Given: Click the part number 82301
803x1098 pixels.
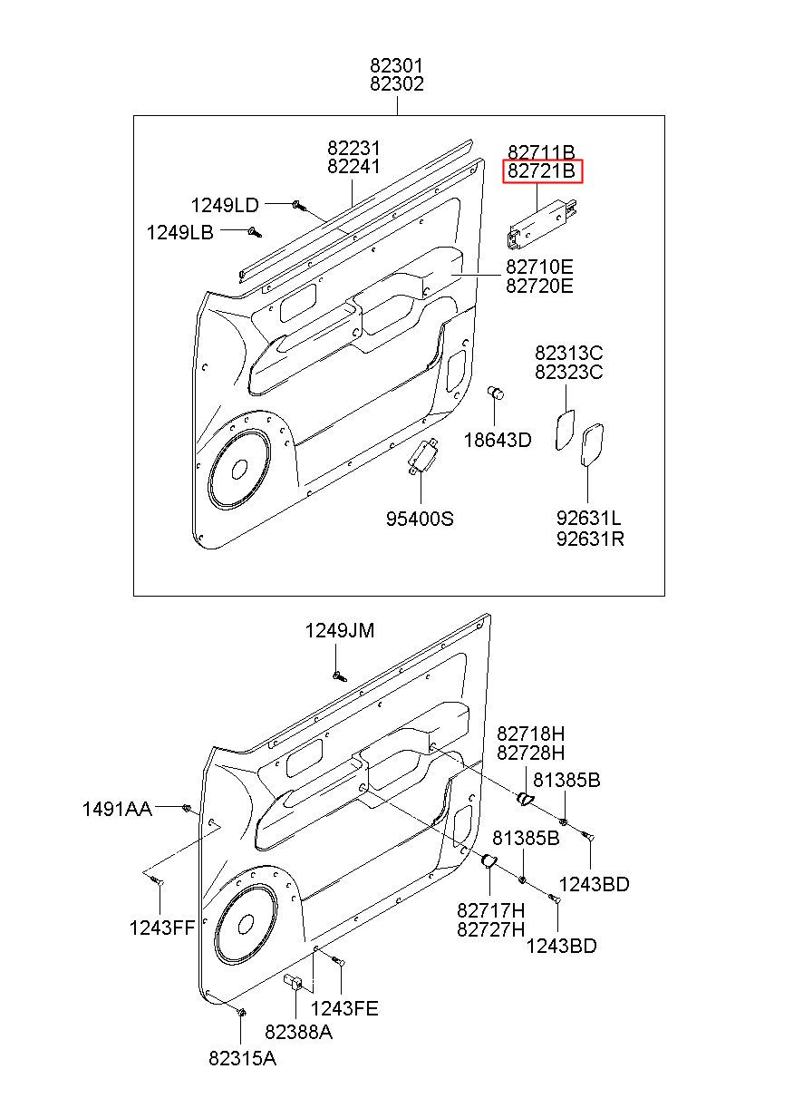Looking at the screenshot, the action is [x=396, y=65].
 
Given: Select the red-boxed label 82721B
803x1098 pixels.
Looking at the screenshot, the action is [x=542, y=171].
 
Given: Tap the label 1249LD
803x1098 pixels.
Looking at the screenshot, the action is [x=225, y=206].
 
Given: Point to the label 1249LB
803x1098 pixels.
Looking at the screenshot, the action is [x=180, y=232].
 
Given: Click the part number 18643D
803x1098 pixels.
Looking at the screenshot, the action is [x=498, y=440].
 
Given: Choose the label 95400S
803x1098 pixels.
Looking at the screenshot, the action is [x=420, y=519].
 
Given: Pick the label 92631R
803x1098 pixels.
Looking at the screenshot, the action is [x=590, y=539].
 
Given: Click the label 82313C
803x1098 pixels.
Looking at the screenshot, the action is [x=568, y=353].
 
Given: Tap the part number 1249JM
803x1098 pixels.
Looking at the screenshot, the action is [x=340, y=630].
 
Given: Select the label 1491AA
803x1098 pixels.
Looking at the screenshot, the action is [x=117, y=810].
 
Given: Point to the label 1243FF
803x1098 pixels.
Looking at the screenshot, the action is [x=162, y=928].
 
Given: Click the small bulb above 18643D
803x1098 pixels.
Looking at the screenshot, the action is [x=496, y=394].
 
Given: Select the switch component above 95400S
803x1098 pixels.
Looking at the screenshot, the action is [x=422, y=456].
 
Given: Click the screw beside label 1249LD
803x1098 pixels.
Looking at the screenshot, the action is [x=299, y=206].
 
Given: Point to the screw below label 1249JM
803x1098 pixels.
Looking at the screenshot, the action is [x=339, y=676].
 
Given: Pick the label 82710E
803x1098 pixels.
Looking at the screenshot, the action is [x=539, y=267].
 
